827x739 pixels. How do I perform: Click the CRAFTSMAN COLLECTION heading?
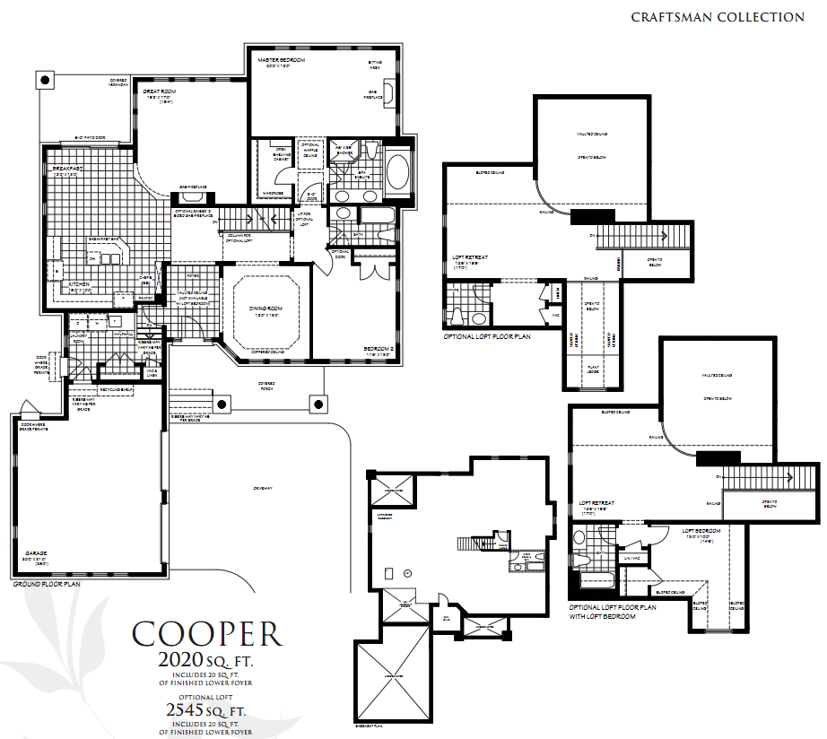717,17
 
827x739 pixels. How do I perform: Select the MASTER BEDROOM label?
281,60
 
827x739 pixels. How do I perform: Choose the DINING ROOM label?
266,309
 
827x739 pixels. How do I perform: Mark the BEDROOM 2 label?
380,349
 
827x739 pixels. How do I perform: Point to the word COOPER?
207,633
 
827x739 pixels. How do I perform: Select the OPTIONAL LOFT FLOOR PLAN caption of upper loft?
487,337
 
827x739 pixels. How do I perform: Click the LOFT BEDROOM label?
701,531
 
